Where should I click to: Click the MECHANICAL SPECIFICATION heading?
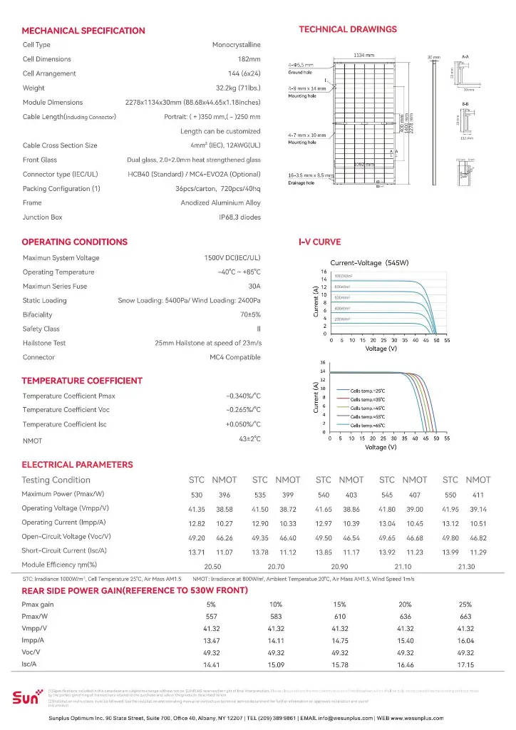coord(83,31)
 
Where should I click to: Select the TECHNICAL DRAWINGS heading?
coord(347,29)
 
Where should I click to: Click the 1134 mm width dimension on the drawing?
coord(364,55)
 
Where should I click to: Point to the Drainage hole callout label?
coord(301,183)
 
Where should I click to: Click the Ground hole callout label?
coord(300,73)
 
